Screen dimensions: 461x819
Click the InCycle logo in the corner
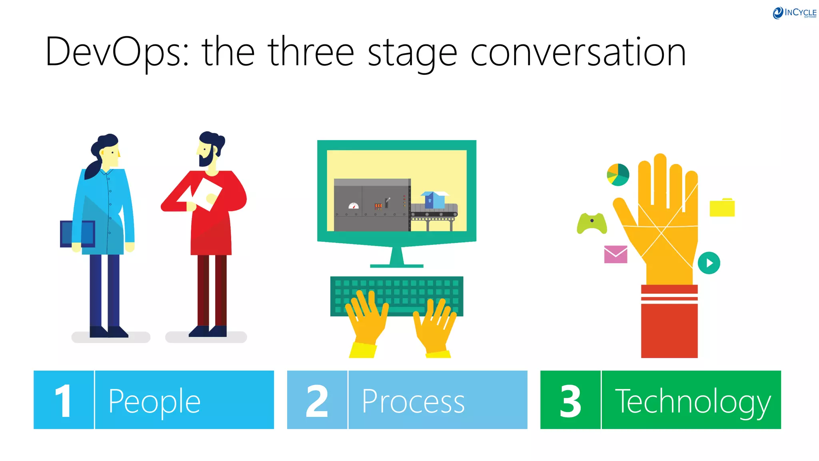pos(794,13)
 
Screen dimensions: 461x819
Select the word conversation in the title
pos(578,52)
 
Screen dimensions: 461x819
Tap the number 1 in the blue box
pos(63,401)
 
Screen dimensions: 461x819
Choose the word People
pos(154,401)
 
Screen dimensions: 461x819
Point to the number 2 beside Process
pos(317,401)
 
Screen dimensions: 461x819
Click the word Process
pos(413,401)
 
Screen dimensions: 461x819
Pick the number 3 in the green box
pos(570,401)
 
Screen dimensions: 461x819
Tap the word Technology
pos(693,401)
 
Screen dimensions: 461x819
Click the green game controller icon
pos(591,223)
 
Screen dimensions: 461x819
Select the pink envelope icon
pos(615,254)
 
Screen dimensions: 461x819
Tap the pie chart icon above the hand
pos(618,174)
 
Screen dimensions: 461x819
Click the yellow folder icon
pos(722,208)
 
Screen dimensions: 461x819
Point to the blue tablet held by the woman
pos(77,234)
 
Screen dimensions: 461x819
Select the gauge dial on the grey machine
pos(354,206)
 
